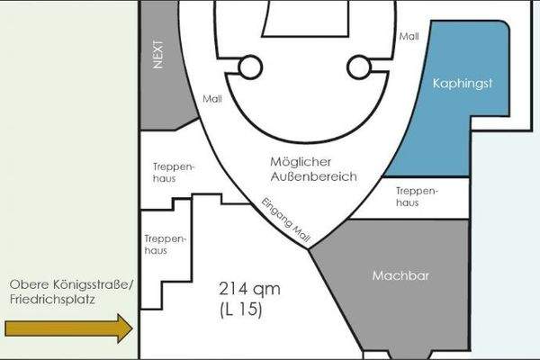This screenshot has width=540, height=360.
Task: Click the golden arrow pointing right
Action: click(x=68, y=328)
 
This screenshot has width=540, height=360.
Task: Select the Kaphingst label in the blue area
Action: click(x=465, y=84)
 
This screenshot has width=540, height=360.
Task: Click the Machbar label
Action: click(x=398, y=275)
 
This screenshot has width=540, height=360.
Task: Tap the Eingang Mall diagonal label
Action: click(x=285, y=220)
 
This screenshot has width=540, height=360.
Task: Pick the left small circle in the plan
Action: click(x=250, y=67)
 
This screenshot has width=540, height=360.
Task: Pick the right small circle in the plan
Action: click(x=359, y=66)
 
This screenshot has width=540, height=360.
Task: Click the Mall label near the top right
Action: click(x=409, y=38)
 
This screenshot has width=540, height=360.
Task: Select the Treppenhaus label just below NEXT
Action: click(x=172, y=172)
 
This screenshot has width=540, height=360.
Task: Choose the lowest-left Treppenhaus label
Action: click(x=165, y=245)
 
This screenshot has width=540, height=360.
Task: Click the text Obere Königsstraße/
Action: click(x=71, y=285)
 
